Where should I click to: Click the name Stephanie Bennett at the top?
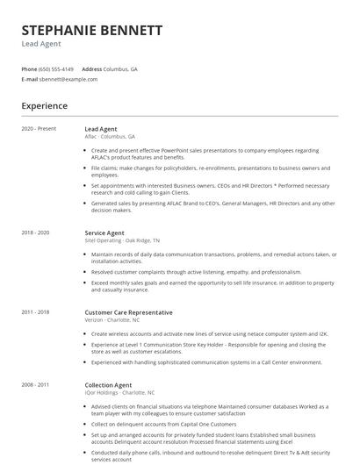[92, 30]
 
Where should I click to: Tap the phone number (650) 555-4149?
[57, 68]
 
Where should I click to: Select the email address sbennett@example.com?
[68, 79]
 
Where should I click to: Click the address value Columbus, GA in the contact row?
[120, 68]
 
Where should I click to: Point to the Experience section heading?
[45, 106]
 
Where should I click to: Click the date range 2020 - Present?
[39, 129]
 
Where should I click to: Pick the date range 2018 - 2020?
[35, 232]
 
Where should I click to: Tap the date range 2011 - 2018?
[35, 312]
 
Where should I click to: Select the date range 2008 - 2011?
[35, 384]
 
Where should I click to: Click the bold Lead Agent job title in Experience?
[101, 129]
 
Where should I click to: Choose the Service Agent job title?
[104, 232]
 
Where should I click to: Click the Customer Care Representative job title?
[128, 312]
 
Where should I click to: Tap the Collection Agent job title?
[108, 384]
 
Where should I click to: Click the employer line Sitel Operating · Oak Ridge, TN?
[122, 240]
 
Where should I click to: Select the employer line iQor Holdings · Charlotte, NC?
[119, 392]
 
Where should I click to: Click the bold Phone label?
[29, 68]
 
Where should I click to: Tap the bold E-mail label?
[30, 79]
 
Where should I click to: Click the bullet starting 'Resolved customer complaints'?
[196, 272]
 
